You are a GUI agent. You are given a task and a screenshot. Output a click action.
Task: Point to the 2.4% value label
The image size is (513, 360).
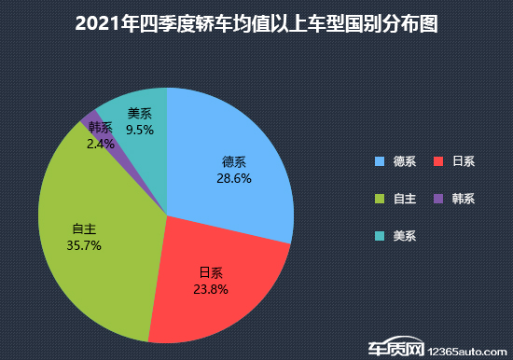(x=100, y=144)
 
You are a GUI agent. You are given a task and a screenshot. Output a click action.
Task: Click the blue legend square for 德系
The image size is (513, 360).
(x=379, y=161)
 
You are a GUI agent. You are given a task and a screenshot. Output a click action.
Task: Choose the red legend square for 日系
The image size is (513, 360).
(x=437, y=161)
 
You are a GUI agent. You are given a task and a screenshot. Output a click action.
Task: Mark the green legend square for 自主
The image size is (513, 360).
(x=379, y=199)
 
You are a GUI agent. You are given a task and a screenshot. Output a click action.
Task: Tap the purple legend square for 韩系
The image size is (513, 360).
(x=437, y=199)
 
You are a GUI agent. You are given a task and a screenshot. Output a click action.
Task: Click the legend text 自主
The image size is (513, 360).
(x=404, y=199)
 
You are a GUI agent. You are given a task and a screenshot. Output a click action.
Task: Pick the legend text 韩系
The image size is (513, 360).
(x=463, y=199)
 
